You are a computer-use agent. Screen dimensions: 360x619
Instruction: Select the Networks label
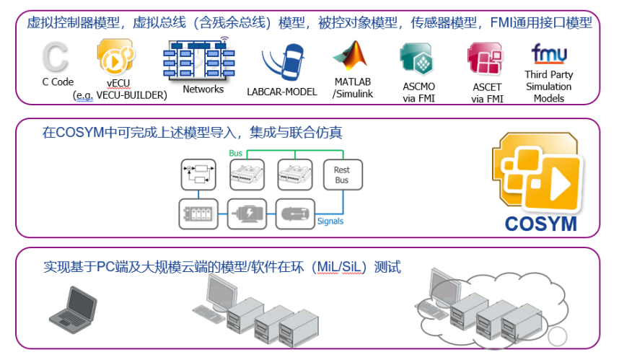(203, 89)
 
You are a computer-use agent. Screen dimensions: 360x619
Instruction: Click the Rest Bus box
(341, 175)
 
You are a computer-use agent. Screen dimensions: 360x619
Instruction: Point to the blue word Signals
(330, 221)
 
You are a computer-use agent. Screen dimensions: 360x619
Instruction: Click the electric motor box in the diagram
(247, 213)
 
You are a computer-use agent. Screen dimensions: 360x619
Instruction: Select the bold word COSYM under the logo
(540, 224)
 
